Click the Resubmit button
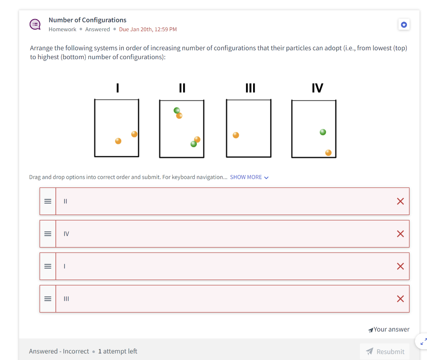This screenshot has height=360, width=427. click(x=384, y=351)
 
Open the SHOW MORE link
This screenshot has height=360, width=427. click(x=249, y=177)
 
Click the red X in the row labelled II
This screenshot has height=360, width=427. click(x=400, y=201)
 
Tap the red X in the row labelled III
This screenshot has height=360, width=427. click(x=400, y=299)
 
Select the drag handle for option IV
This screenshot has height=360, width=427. click(x=48, y=234)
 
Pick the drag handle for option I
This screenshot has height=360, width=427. click(x=48, y=266)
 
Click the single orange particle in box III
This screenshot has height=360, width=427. click(x=236, y=135)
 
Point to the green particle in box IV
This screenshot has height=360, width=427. click(x=323, y=132)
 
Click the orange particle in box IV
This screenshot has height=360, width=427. click(x=328, y=152)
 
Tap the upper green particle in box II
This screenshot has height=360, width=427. click(x=177, y=110)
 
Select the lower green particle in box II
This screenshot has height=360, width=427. click(x=193, y=144)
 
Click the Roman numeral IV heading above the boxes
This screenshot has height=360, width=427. click(x=317, y=88)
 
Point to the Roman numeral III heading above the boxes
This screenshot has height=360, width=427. click(x=250, y=88)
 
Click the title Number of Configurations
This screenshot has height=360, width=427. click(x=88, y=20)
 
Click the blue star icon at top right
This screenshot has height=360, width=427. click(x=404, y=25)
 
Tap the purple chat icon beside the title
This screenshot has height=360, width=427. click(x=35, y=25)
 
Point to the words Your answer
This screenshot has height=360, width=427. click(x=391, y=329)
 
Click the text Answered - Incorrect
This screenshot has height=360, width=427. click(x=59, y=351)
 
